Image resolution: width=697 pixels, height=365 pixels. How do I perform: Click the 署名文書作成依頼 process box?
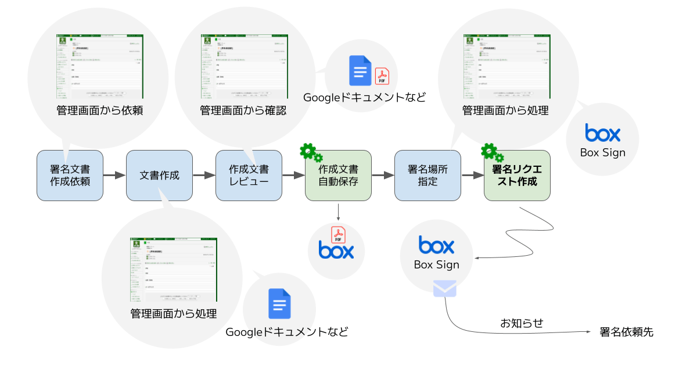[x=70, y=176]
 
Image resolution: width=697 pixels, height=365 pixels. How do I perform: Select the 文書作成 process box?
[x=159, y=176]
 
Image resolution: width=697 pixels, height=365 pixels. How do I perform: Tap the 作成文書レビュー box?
[x=249, y=176]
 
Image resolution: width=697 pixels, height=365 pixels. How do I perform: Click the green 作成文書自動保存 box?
[x=338, y=176]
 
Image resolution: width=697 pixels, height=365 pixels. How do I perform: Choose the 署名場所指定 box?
[x=427, y=176]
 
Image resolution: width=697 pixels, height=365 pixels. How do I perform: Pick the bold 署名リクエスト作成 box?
[x=517, y=176]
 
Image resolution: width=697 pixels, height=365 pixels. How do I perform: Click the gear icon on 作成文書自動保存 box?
[x=310, y=153]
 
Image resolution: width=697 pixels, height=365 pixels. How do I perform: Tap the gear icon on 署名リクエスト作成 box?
[x=491, y=153]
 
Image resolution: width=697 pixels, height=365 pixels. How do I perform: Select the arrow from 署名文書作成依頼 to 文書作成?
[x=115, y=175]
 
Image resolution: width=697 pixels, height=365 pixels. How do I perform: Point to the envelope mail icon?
[x=444, y=288]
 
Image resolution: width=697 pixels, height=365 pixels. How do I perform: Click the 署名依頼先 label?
[x=626, y=332]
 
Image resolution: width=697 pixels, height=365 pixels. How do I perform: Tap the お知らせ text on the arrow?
[x=522, y=323]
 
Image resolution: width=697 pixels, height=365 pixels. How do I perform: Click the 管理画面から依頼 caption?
[x=99, y=110]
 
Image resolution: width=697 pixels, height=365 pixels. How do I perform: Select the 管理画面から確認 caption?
[x=243, y=110]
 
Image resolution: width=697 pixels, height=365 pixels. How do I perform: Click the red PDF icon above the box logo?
[x=338, y=234]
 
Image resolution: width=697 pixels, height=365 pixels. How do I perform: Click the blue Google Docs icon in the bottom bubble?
[x=279, y=303]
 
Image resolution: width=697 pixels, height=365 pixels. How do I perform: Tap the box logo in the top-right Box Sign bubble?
[x=602, y=133]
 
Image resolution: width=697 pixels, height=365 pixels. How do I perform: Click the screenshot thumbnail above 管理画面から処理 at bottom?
[x=173, y=269]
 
